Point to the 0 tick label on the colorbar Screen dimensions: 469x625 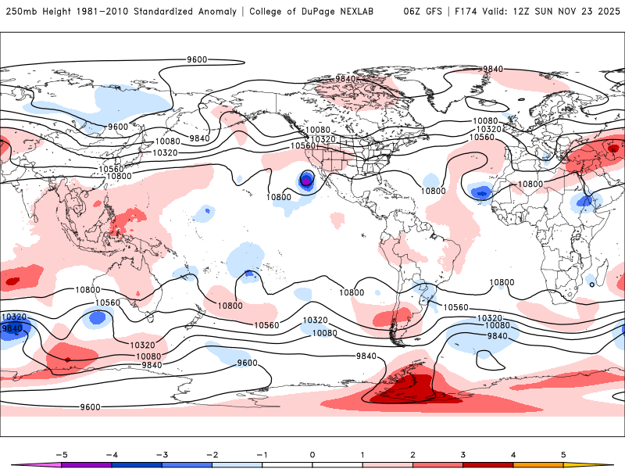[x=312, y=453]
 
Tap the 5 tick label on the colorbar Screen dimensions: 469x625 [x=564, y=453]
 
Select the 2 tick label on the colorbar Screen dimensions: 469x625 [x=413, y=453]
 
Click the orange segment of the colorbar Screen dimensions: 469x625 [x=539, y=465]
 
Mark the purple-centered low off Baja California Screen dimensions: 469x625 [x=306, y=181]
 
